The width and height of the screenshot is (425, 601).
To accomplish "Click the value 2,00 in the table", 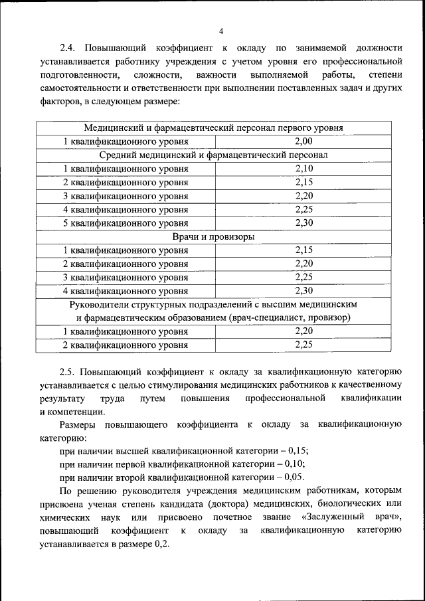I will (x=303, y=141).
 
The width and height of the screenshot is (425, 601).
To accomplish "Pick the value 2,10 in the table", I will (x=303, y=169).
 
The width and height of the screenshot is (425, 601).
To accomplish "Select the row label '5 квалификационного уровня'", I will (x=126, y=223).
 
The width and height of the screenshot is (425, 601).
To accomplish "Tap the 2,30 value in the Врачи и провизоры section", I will (x=303, y=291).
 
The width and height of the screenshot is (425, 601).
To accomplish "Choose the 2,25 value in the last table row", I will (x=303, y=345).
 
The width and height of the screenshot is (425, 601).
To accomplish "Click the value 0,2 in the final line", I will (x=160, y=544).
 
